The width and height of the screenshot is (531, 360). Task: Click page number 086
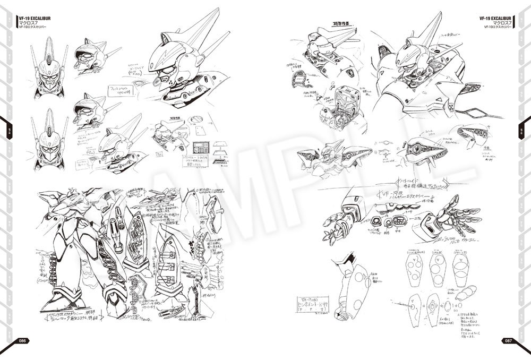pyautogui.click(x=23, y=340)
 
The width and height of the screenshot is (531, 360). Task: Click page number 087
pyautogui.click(x=508, y=340)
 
